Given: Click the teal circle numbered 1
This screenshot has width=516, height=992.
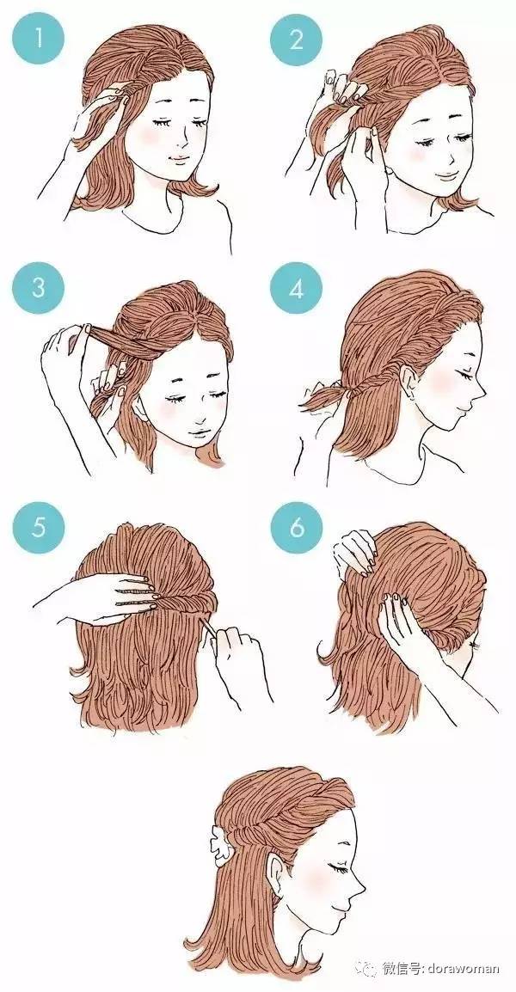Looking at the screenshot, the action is [x=38, y=40].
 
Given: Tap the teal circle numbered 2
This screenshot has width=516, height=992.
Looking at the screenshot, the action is [x=297, y=40].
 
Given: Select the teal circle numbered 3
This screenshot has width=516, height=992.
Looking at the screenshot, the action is [x=38, y=288].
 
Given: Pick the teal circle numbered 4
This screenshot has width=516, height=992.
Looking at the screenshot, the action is [x=297, y=288].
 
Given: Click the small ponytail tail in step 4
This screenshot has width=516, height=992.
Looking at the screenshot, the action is [x=322, y=399].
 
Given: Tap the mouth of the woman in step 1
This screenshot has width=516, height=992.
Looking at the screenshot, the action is [x=177, y=159].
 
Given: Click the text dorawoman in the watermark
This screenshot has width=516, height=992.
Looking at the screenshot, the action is [x=464, y=969].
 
